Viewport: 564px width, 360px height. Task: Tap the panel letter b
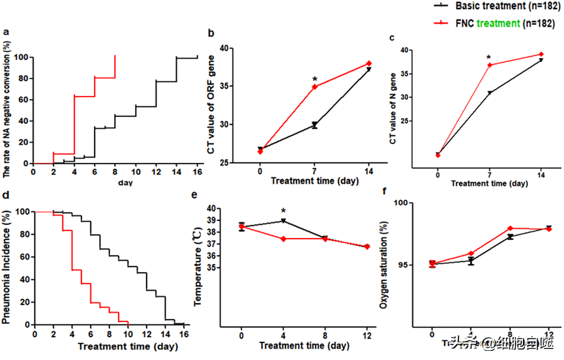[x=211, y=34]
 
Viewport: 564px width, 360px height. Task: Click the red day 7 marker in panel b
[x=315, y=87]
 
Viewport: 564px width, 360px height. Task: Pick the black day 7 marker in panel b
[x=314, y=125]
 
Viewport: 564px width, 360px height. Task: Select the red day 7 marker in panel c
[x=489, y=65]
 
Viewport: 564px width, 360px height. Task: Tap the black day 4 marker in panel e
[x=284, y=221]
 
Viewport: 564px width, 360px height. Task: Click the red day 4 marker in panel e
[x=284, y=239]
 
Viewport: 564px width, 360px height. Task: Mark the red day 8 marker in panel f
[x=510, y=229]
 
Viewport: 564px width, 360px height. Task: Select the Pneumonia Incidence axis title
[x=8, y=267]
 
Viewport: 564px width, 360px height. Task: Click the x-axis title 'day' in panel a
[x=125, y=182]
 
